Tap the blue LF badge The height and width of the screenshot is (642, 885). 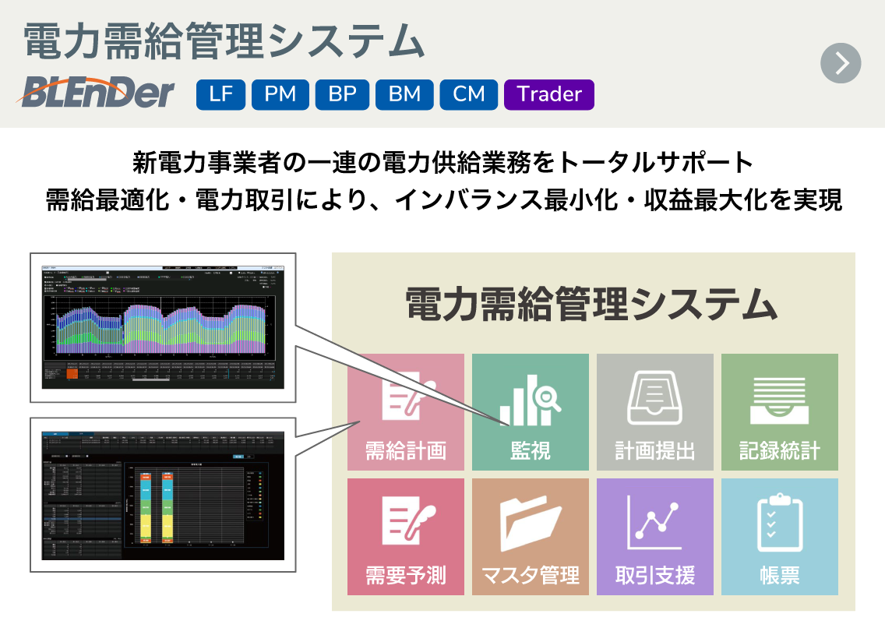click(x=220, y=94)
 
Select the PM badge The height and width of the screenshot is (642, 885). click(x=280, y=94)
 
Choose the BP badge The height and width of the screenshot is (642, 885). click(x=342, y=94)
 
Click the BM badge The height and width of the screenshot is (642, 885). click(x=404, y=94)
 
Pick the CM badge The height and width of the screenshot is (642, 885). click(x=469, y=94)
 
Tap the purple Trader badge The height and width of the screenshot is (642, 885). click(x=549, y=94)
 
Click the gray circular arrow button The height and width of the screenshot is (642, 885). click(x=841, y=63)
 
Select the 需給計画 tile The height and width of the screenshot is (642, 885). click(x=406, y=412)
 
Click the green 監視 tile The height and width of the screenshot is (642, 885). click(x=531, y=412)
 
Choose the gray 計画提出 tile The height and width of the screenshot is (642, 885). click(x=655, y=412)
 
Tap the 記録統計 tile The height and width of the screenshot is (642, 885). click(x=780, y=412)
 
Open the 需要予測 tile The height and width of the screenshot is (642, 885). click(x=406, y=537)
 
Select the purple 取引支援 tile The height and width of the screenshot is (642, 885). click(x=655, y=537)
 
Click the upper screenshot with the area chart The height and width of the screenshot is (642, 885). click(x=163, y=327)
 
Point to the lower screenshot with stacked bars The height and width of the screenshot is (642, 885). click(x=163, y=495)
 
